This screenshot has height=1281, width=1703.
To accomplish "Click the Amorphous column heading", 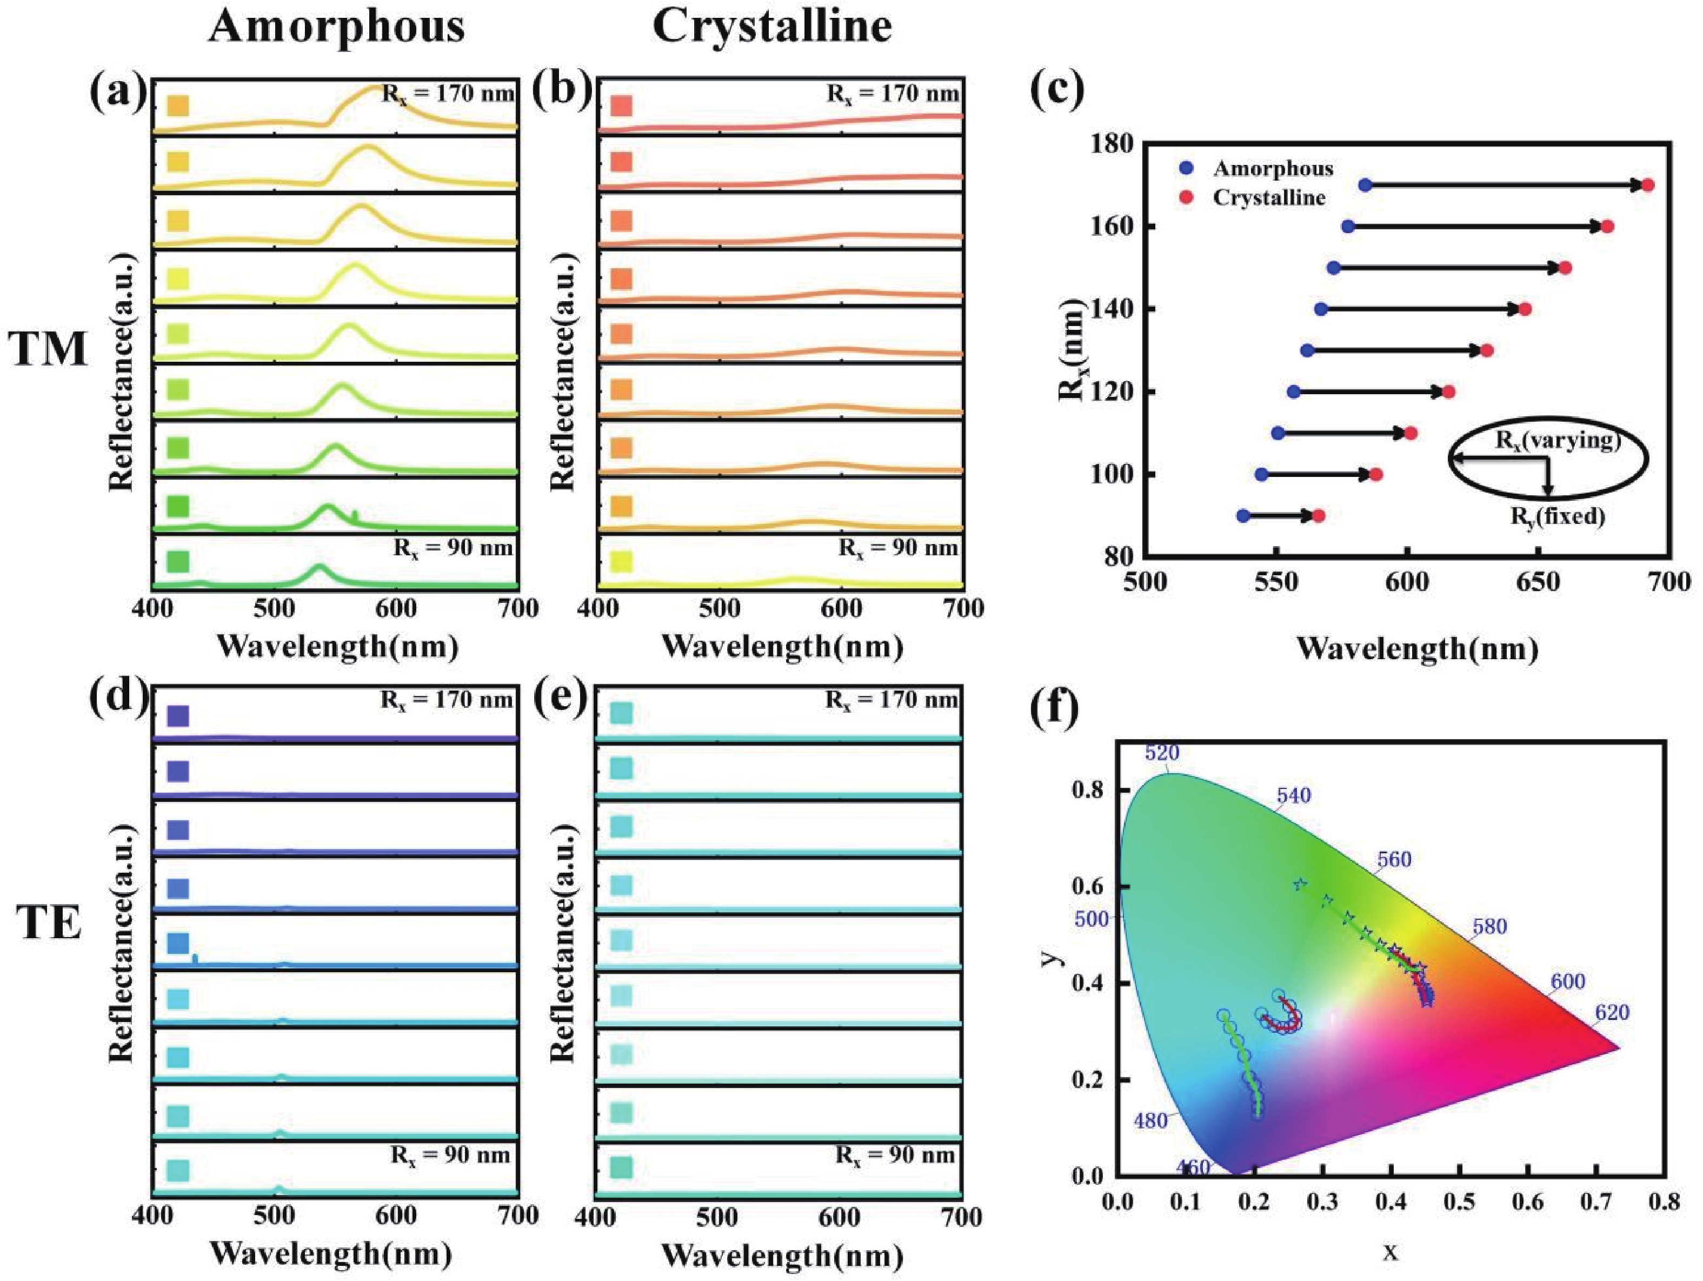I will coord(336,28).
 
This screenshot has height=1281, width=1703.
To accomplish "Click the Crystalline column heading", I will coord(771,28).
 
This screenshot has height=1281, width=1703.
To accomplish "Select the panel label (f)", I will coord(1055,714).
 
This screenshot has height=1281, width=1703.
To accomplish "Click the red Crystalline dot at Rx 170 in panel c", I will coord(1647,185).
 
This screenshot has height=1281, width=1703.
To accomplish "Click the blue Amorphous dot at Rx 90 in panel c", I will coord(1242,516).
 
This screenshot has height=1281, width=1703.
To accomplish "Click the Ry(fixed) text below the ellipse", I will coord(1558,516).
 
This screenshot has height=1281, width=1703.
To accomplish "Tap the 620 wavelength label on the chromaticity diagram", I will coord(1612,1012).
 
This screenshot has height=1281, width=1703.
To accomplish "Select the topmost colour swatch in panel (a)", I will coord(178,105).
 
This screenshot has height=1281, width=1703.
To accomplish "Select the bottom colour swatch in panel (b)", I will coord(621,561).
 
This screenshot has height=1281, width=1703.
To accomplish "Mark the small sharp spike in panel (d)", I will coord(195,958).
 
